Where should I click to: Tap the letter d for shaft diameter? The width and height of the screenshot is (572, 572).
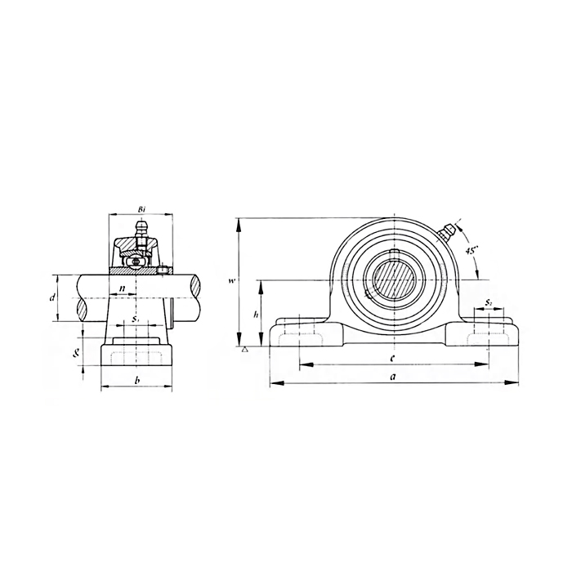pos(51,298)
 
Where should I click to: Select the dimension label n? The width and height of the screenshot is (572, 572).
pos(122,288)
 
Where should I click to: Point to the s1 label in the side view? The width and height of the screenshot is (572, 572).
pos(136,318)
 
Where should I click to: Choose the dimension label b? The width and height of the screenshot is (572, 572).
pos(136,381)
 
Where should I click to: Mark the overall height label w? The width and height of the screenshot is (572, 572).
pos(232,281)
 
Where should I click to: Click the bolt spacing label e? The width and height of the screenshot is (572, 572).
pos(393,357)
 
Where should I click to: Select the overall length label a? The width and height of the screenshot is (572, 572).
pos(393,376)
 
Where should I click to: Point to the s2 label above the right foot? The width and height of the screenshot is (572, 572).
pos(488,302)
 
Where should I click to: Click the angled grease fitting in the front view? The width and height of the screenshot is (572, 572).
pos(447,232)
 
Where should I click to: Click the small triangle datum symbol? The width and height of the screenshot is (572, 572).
pos(244,348)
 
